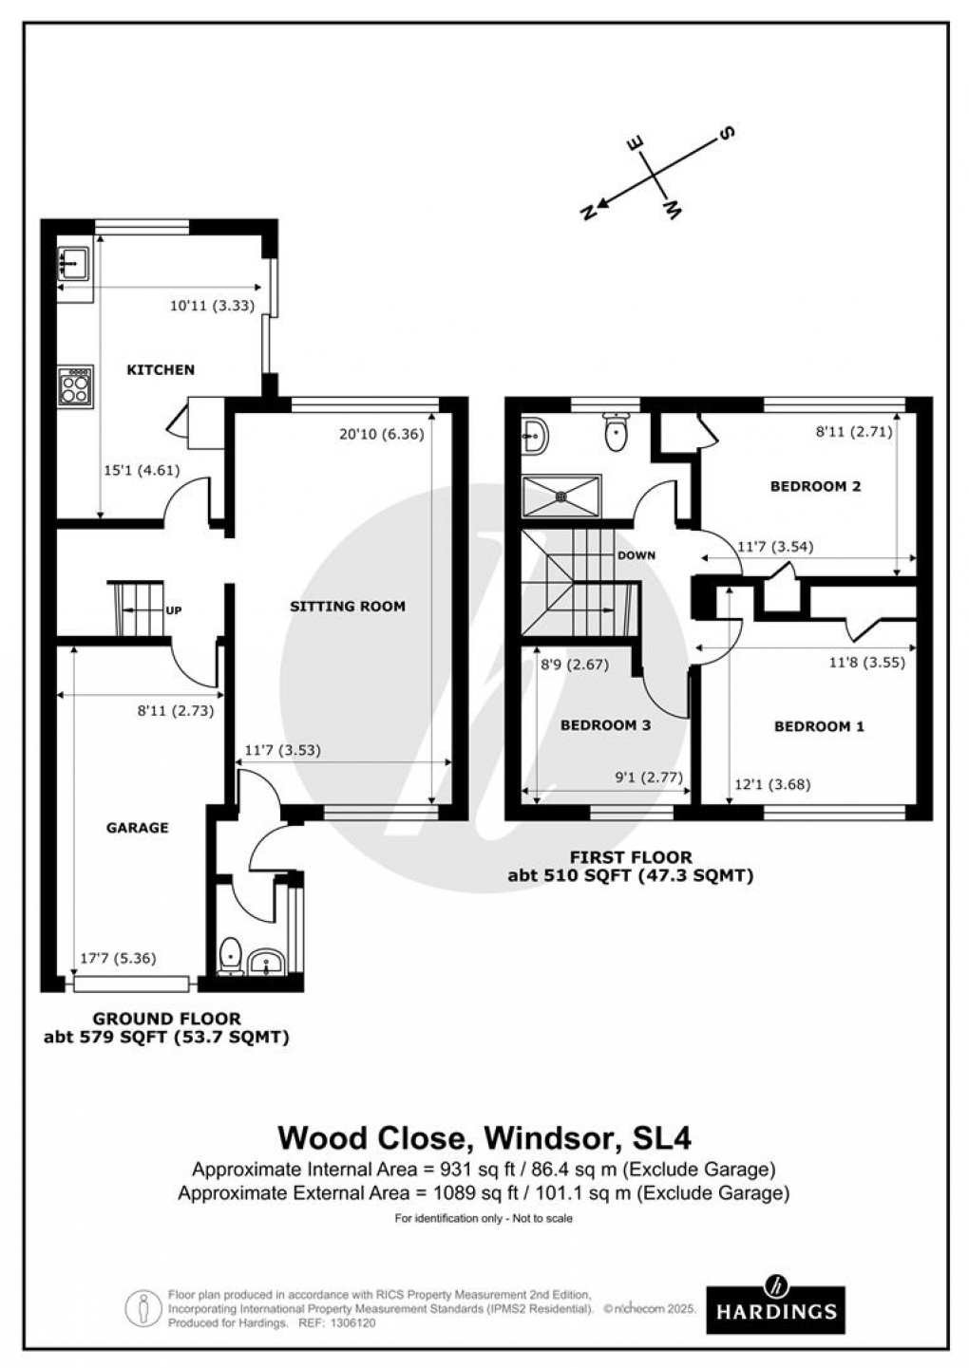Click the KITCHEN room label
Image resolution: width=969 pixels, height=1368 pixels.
161,369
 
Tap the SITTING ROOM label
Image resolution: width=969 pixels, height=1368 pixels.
348,606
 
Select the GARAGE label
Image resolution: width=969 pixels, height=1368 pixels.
137,828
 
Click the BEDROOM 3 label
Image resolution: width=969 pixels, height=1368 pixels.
605,725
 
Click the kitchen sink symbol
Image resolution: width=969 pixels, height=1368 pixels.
72,260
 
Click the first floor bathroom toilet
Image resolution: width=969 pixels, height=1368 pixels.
617,432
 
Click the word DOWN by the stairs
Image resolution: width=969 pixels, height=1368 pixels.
637,555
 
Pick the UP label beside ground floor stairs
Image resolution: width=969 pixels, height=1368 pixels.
174,610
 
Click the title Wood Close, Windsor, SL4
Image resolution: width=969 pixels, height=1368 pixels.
484,1137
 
